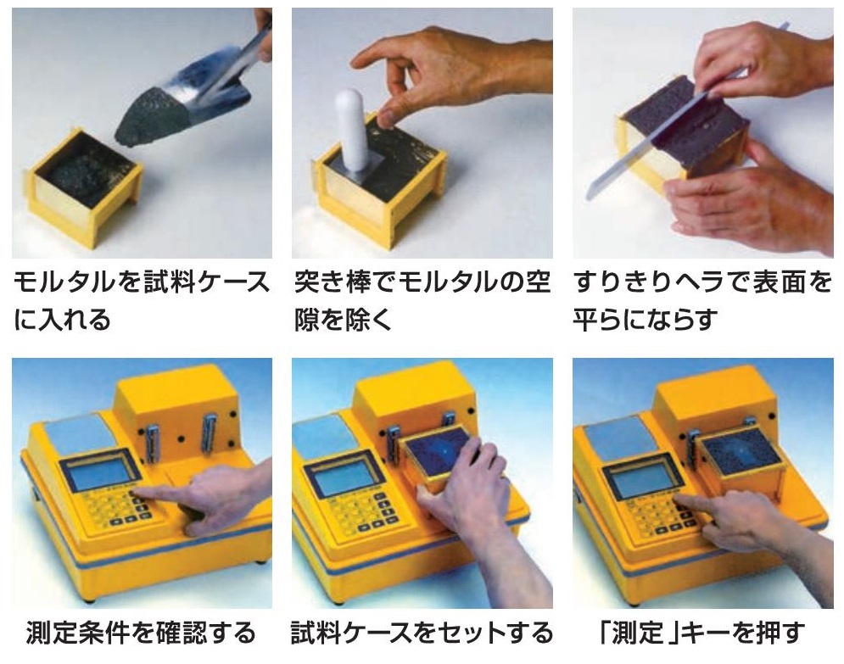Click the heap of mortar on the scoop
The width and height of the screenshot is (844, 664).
(x=152, y=114)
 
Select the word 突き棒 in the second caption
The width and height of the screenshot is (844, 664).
(x=333, y=282)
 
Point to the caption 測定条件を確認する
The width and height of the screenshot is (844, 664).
(x=141, y=633)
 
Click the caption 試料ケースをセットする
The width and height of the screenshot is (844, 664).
(x=422, y=633)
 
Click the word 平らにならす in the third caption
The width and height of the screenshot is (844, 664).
(x=645, y=319)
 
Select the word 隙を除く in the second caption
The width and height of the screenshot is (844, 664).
(x=343, y=319)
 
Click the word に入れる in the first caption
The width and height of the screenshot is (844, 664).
(x=62, y=319)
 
